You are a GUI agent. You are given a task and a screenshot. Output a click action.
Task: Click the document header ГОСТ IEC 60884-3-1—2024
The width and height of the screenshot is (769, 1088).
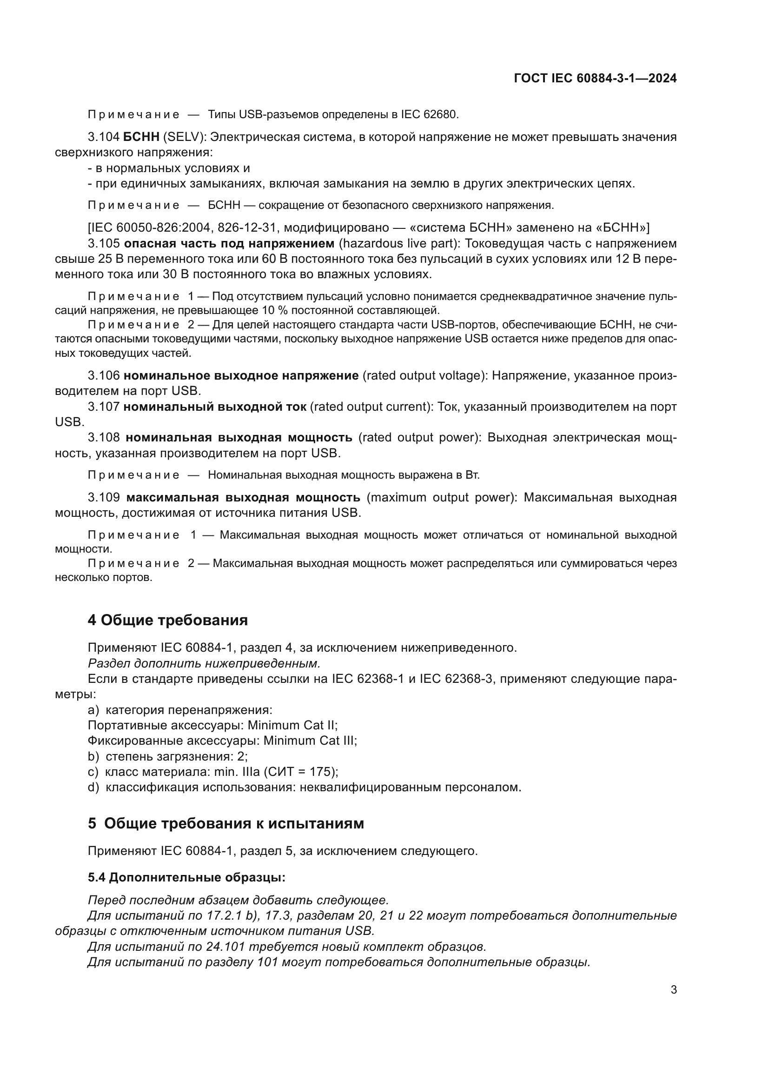595,78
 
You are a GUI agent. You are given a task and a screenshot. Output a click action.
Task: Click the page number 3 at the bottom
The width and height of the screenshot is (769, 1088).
673,989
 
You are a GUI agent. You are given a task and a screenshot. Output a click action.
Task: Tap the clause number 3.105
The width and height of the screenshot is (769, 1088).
104,244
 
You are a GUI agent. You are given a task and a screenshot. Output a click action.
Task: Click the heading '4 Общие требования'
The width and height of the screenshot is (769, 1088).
168,620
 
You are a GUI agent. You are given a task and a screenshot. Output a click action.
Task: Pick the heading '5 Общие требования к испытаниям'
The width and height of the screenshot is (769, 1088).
226,823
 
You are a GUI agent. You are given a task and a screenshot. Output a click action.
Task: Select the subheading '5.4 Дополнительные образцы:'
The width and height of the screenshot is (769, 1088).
186,877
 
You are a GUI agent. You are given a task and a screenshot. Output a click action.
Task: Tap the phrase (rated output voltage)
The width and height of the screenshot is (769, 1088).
425,376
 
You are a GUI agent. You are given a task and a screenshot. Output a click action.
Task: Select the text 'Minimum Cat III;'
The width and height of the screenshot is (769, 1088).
310,740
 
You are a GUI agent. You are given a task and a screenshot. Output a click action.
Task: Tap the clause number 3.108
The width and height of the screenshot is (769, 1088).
104,437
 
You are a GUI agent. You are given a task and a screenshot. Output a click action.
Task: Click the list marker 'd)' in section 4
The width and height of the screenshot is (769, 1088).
93,787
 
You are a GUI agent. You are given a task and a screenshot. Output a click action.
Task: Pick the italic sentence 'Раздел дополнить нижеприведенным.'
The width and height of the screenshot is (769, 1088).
204,663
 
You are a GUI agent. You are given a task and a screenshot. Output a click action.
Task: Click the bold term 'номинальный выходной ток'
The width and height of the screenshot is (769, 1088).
214,407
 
